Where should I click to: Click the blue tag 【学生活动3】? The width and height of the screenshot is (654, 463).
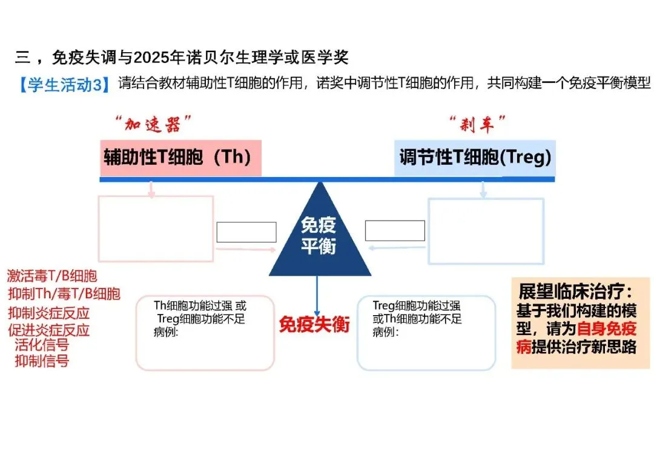(64, 84)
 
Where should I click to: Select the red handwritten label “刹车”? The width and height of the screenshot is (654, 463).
(478, 125)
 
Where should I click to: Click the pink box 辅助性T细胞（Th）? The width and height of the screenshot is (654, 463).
(180, 158)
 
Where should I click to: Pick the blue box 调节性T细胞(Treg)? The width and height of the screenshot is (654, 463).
(475, 158)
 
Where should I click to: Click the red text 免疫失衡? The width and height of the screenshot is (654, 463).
(314, 324)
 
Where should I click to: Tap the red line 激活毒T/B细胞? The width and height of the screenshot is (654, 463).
(52, 277)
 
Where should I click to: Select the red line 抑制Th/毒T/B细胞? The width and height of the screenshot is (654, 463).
(64, 295)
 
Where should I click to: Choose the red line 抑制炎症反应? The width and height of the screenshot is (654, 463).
(49, 313)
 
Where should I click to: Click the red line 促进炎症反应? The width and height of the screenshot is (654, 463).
(49, 330)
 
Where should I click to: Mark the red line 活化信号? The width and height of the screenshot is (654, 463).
(42, 345)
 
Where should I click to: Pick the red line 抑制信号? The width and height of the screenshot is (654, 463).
(42, 361)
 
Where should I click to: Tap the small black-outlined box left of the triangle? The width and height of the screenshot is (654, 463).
(246, 232)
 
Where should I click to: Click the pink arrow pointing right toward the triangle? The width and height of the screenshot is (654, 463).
(246, 249)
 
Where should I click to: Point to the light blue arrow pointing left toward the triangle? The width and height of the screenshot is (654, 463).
(397, 247)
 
